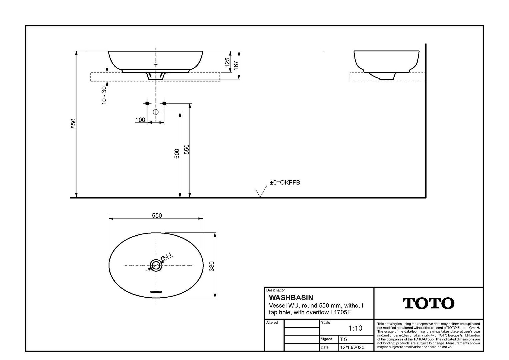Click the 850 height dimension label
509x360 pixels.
[73, 124]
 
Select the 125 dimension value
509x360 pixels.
[227, 63]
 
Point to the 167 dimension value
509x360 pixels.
[236, 65]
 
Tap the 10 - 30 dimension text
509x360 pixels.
[104, 95]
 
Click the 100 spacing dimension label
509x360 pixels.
[140, 120]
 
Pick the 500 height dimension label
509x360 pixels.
[177, 154]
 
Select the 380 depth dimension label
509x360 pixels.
[212, 266]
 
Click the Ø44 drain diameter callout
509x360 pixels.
[166, 257]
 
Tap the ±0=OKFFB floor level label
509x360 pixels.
[285, 183]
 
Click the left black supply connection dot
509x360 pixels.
[147, 103]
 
